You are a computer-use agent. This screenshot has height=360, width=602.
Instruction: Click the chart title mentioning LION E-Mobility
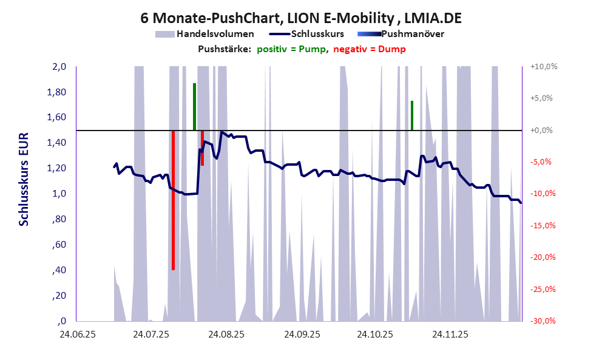[x=300, y=18]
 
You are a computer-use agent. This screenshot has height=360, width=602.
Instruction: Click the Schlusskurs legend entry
[x=317, y=34]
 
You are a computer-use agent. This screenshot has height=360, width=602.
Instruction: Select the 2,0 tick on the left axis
[x=58, y=67]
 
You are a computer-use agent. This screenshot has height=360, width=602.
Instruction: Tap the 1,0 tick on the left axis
[x=58, y=194]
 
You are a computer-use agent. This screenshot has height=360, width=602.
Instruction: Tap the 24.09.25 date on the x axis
[x=300, y=335]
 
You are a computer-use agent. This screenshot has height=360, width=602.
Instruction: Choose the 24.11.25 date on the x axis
[x=450, y=335]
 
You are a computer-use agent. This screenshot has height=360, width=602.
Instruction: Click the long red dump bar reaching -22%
[x=173, y=200]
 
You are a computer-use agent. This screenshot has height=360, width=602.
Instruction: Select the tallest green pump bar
[x=194, y=106]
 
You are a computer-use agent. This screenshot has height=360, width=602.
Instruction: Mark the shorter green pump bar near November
[x=411, y=115]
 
